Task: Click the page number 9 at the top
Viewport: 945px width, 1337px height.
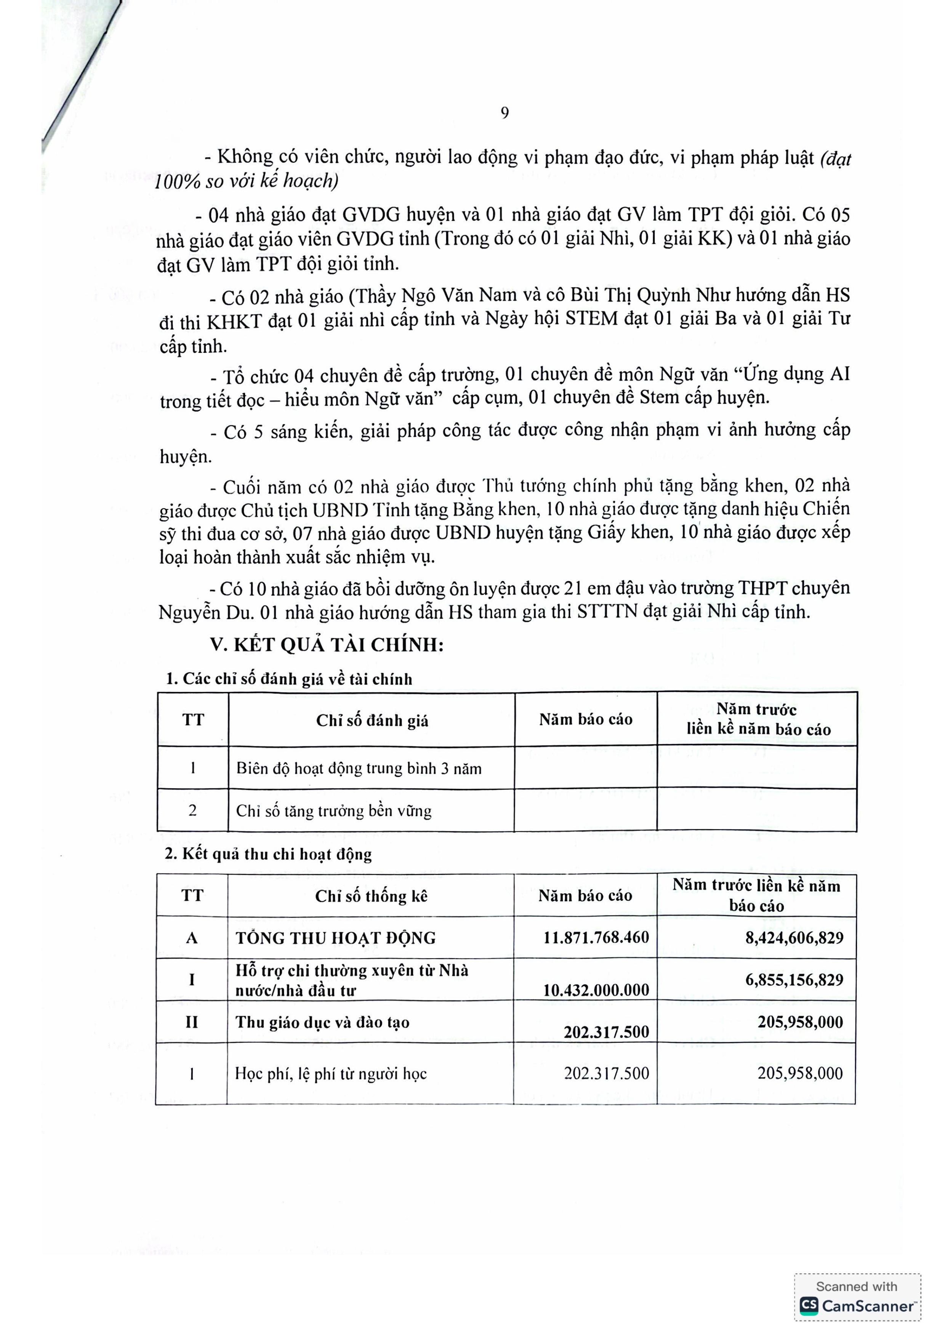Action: [504, 113]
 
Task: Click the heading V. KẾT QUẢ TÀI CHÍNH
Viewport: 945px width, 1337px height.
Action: [327, 645]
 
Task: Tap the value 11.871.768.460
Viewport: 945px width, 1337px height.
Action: [596, 938]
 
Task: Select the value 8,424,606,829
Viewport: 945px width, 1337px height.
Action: [794, 938]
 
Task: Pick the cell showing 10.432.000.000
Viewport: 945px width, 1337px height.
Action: [596, 990]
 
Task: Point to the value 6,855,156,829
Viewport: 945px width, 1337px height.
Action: [794, 980]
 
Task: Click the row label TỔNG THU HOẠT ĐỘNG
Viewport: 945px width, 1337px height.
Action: [335, 938]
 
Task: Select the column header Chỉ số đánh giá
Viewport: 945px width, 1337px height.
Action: [372, 721]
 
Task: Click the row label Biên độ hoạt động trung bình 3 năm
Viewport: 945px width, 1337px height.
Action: [359, 769]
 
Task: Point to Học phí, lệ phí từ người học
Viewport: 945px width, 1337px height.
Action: [331, 1074]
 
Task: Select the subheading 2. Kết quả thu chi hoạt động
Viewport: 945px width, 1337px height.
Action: [268, 854]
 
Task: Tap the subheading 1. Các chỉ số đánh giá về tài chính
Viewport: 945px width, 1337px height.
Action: [289, 679]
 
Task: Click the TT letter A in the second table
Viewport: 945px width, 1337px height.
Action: [192, 938]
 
